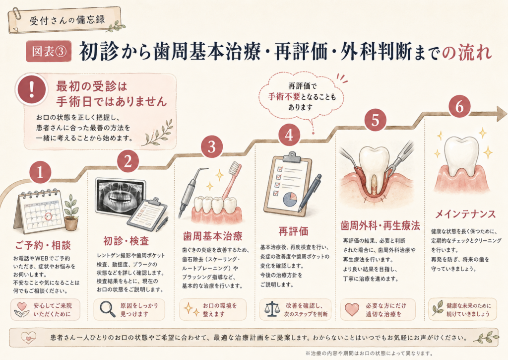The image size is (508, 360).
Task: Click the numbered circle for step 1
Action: click(x=40, y=172)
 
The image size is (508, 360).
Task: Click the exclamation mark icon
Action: click(x=31, y=88)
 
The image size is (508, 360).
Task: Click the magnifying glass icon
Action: click(x=107, y=309)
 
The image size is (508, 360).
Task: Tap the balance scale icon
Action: click(x=271, y=309)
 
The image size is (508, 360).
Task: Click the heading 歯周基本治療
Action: click(x=212, y=236)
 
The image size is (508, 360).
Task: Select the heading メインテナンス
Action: click(x=465, y=214)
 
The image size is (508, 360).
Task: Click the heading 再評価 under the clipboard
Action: click(x=293, y=231)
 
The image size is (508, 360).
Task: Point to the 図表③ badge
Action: click(x=49, y=51)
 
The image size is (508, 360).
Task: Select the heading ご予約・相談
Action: click(x=43, y=245)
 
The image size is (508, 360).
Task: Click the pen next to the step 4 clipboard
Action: click(x=310, y=193)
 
